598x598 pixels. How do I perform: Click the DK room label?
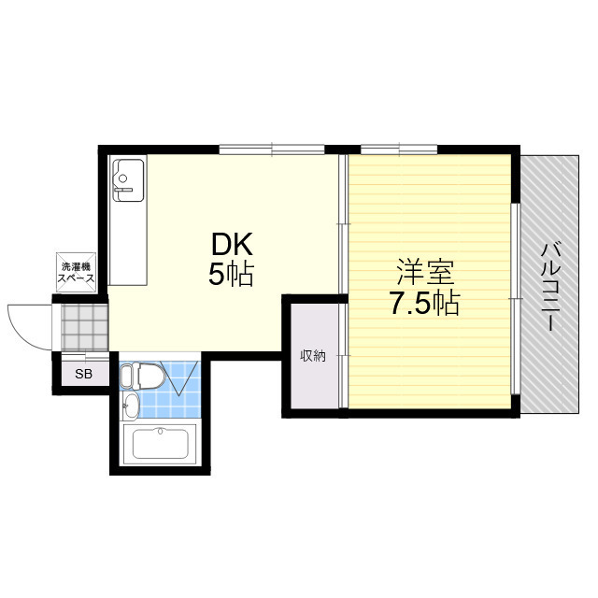coord(232,244)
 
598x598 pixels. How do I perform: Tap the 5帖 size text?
coord(231,274)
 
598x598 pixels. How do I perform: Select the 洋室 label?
coord(426,272)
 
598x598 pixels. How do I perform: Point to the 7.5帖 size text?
coord(424,303)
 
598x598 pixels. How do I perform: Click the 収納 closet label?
coord(313,356)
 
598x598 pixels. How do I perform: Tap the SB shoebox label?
coord(83,374)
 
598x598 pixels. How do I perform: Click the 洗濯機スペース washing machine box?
coord(76,272)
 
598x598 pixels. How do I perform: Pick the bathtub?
coord(161,444)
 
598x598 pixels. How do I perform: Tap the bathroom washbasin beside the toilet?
coord(131,406)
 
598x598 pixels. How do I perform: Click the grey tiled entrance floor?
coord(85,328)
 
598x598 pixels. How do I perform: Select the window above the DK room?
coord(272,149)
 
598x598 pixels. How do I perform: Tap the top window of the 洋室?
coord(399,149)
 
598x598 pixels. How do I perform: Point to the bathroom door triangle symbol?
coord(179,377)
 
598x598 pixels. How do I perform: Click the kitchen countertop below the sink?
coord(128,243)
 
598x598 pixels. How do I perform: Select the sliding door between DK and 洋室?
coord(343,223)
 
